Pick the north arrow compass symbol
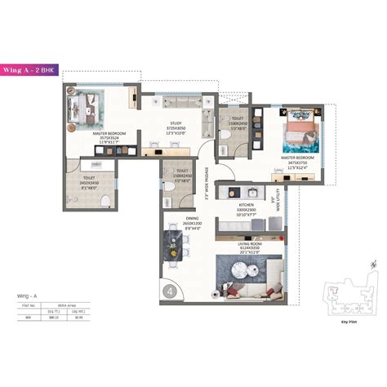(372, 265)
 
